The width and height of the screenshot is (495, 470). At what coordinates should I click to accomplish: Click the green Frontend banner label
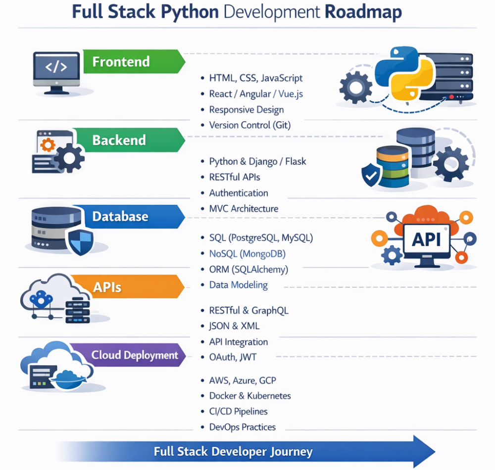tap(121, 62)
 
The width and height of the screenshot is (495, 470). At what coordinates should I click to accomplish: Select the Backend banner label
tap(119, 140)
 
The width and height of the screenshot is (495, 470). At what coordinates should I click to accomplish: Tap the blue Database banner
tap(120, 217)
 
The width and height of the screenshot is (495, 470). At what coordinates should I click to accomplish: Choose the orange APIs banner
tap(107, 287)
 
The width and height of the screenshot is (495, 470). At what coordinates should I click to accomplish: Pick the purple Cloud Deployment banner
tap(128, 355)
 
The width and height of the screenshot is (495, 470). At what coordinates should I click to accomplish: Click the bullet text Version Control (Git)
tap(249, 125)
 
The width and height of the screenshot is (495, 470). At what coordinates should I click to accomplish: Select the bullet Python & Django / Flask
tap(257, 162)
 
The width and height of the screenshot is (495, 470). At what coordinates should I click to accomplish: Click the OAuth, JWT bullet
tap(233, 357)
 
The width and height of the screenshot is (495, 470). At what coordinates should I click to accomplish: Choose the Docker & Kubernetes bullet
tap(250, 396)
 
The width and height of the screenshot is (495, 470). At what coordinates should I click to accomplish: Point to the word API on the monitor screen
tap(426, 239)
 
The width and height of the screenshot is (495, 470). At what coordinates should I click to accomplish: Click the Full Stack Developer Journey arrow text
tap(233, 451)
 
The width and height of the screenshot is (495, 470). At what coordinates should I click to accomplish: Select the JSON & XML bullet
tap(234, 326)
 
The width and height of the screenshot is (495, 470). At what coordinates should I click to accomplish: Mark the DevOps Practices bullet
tap(242, 427)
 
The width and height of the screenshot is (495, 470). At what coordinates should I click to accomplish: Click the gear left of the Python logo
tap(355, 88)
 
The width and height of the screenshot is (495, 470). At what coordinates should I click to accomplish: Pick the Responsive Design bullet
tap(247, 110)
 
